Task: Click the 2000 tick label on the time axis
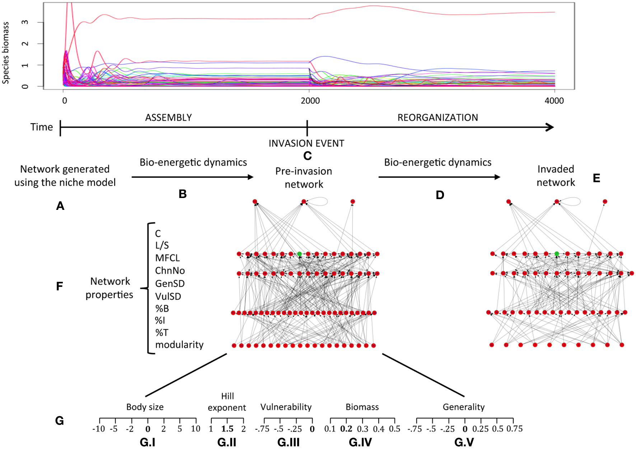point(310,101)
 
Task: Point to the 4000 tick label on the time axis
point(554,101)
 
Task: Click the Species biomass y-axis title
point(6,53)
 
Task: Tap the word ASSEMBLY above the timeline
point(168,118)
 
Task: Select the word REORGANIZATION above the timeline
point(438,118)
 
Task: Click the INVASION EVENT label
point(306,143)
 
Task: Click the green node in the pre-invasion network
point(299,254)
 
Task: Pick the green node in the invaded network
point(557,254)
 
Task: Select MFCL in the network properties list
point(167,258)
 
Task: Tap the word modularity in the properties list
point(179,345)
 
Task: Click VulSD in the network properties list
point(168,296)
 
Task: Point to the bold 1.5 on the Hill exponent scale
point(227,429)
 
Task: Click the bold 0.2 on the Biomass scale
point(346,429)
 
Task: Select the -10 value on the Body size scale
point(98,429)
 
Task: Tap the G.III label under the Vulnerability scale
point(288,442)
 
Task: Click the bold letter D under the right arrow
point(440,195)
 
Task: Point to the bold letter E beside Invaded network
point(597,178)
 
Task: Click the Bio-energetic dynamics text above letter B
point(193,162)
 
